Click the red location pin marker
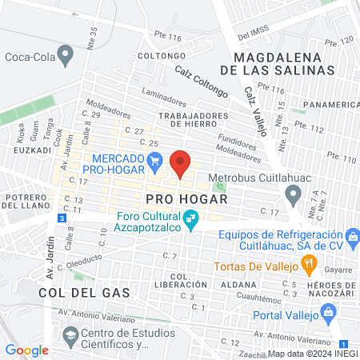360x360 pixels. [180, 163]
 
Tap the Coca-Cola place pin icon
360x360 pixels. [66, 56]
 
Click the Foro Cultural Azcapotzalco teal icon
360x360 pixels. [190, 218]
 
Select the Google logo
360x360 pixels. [26, 350]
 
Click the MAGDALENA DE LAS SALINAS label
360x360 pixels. [282, 64]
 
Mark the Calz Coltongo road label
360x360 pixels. [202, 82]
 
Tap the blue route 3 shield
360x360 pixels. [62, 218]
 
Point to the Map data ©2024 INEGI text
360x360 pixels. [313, 353]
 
